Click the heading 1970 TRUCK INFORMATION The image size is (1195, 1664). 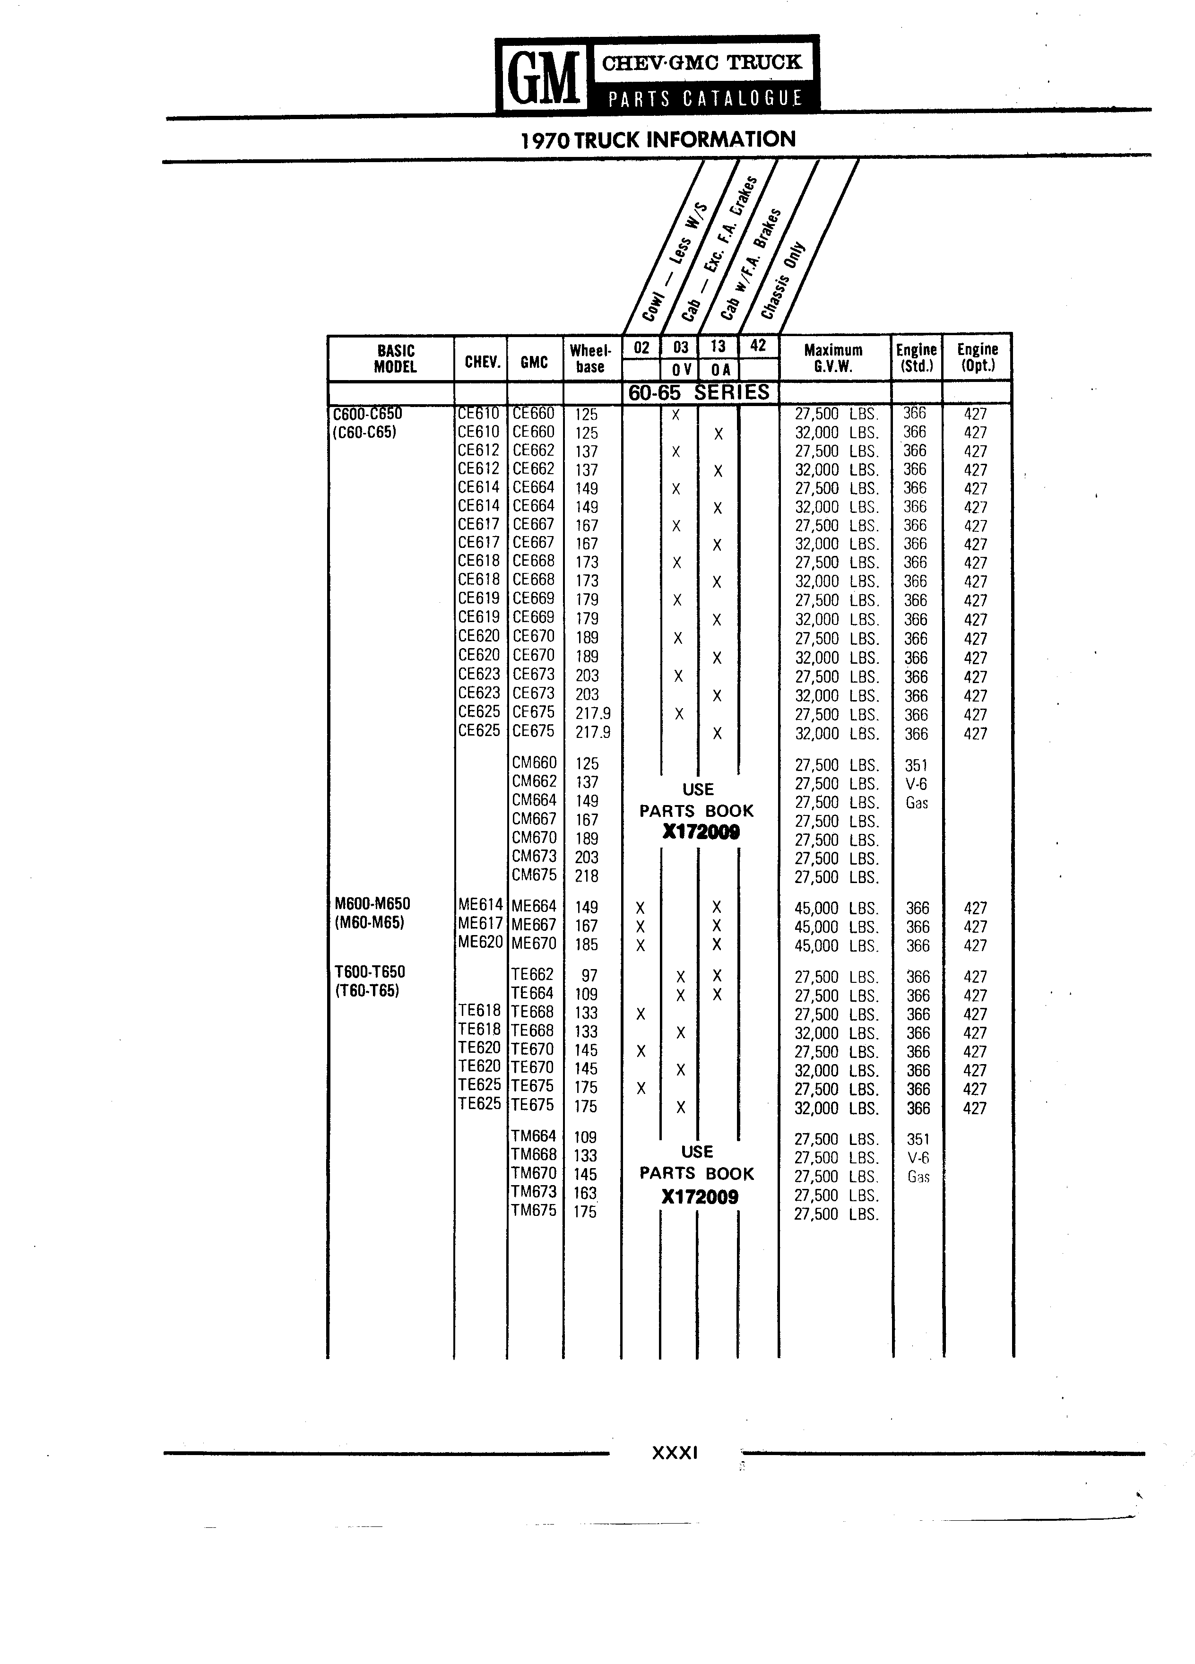point(658,139)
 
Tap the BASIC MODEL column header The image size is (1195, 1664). point(395,359)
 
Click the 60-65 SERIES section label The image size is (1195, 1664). point(699,392)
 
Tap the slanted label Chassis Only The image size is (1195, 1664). point(783,280)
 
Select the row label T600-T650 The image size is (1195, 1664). point(370,971)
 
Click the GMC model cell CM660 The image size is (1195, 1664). point(534,763)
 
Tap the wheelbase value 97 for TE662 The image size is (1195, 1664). point(590,976)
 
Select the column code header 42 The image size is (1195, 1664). point(758,346)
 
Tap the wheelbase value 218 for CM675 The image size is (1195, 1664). point(587,876)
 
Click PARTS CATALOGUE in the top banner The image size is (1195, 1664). point(705,99)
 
